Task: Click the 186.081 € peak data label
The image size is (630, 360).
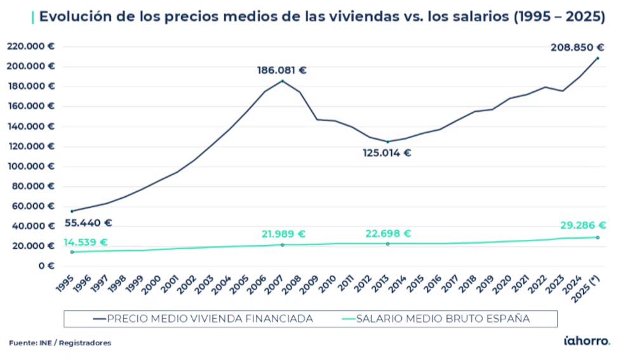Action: pyautogui.click(x=281, y=70)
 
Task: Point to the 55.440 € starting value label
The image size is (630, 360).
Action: pyautogui.click(x=88, y=223)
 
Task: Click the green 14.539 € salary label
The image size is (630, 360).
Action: pyautogui.click(x=85, y=243)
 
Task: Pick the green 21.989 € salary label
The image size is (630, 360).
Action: pyautogui.click(x=283, y=234)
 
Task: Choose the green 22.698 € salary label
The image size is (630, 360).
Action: pyautogui.click(x=388, y=234)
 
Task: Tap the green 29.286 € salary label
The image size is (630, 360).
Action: pyautogui.click(x=583, y=225)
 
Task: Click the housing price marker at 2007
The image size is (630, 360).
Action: pyautogui.click(x=283, y=81)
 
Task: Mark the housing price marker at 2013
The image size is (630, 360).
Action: pyautogui.click(x=387, y=142)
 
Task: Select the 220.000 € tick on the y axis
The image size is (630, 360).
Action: pyautogui.click(x=30, y=46)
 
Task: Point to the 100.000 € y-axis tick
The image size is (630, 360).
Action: pyautogui.click(x=30, y=166)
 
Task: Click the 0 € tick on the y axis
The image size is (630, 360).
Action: pyautogui.click(x=45, y=266)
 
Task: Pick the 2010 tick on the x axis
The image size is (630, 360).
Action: pyautogui.click(x=329, y=284)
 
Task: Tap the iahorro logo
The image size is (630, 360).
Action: pyautogui.click(x=587, y=342)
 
